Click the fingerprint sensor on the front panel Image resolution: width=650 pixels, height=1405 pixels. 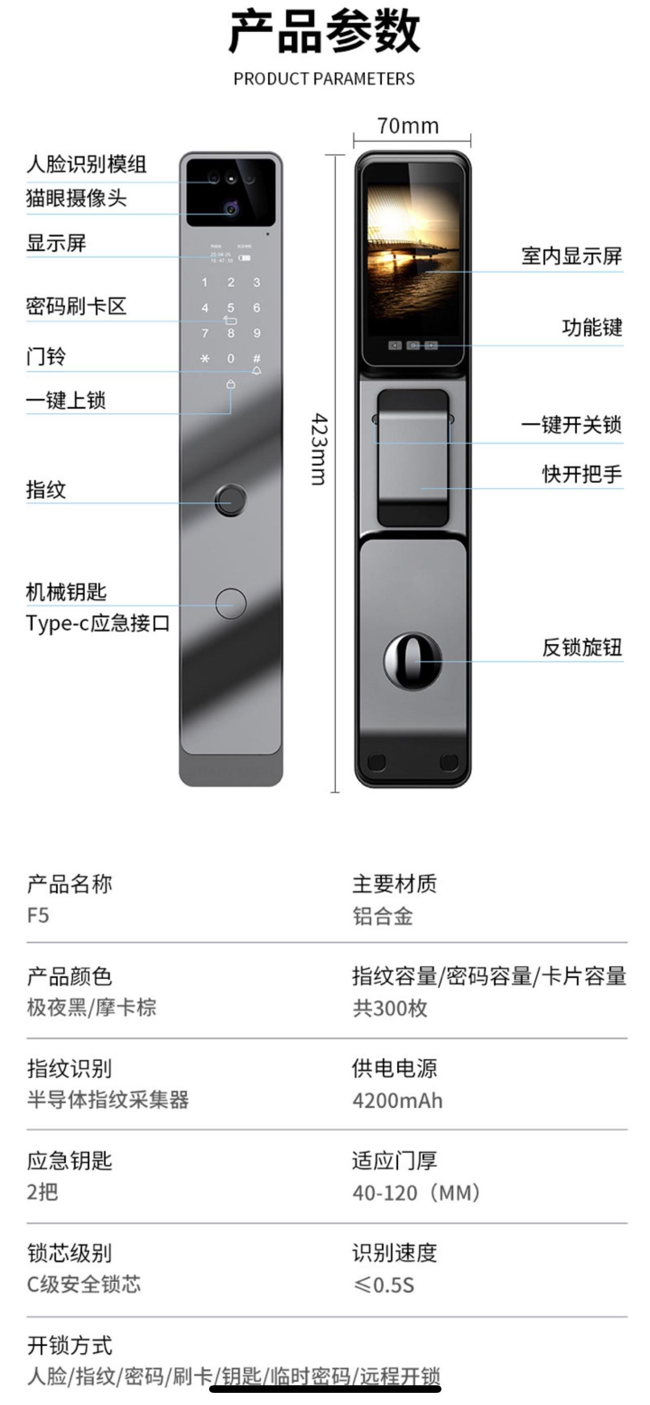coord(230,499)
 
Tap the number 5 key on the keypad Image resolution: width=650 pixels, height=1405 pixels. coord(231,308)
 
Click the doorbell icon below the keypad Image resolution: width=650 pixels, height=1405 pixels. coord(257,371)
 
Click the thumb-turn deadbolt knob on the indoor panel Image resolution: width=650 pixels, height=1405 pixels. coord(412,661)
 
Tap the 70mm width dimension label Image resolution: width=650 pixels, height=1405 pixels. coord(408,126)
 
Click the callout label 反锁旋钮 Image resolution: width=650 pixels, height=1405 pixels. coord(582,647)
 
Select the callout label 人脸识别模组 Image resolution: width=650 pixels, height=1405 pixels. coord(86,164)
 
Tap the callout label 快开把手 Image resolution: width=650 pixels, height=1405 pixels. coord(582,473)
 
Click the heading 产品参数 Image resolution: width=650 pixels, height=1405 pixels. coord(324,32)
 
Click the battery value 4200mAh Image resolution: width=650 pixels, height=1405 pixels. coord(397,1100)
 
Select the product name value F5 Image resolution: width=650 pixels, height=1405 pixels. coord(38,915)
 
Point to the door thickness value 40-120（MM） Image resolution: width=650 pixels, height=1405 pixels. coord(416,1192)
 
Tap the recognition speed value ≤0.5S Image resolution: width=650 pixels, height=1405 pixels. coord(384,1285)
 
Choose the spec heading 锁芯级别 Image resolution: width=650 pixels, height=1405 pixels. coord(69,1253)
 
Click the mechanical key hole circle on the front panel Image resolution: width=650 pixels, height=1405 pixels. coord(231,603)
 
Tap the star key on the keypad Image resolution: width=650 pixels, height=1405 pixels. coord(205,359)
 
